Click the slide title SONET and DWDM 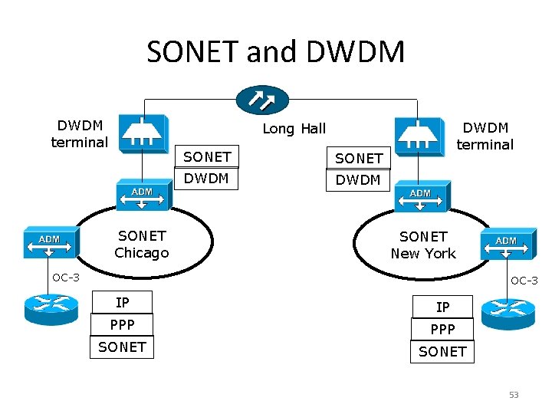pos(275,52)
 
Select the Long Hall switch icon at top pos(262,99)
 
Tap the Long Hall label pos(294,129)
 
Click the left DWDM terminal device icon pos(142,131)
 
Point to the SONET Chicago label pos(141,244)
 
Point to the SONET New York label pos(422,245)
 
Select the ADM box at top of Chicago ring pos(143,195)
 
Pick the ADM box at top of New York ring pos(422,197)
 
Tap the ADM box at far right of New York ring pos(507,245)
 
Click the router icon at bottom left pos(51,307)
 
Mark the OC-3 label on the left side pos(66,278)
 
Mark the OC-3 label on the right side pos(524,281)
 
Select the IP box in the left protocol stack pos(122,302)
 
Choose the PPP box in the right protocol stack pos(442,329)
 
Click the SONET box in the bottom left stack pos(122,347)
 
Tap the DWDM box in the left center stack pos(207,179)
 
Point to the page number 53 pos(514,395)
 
